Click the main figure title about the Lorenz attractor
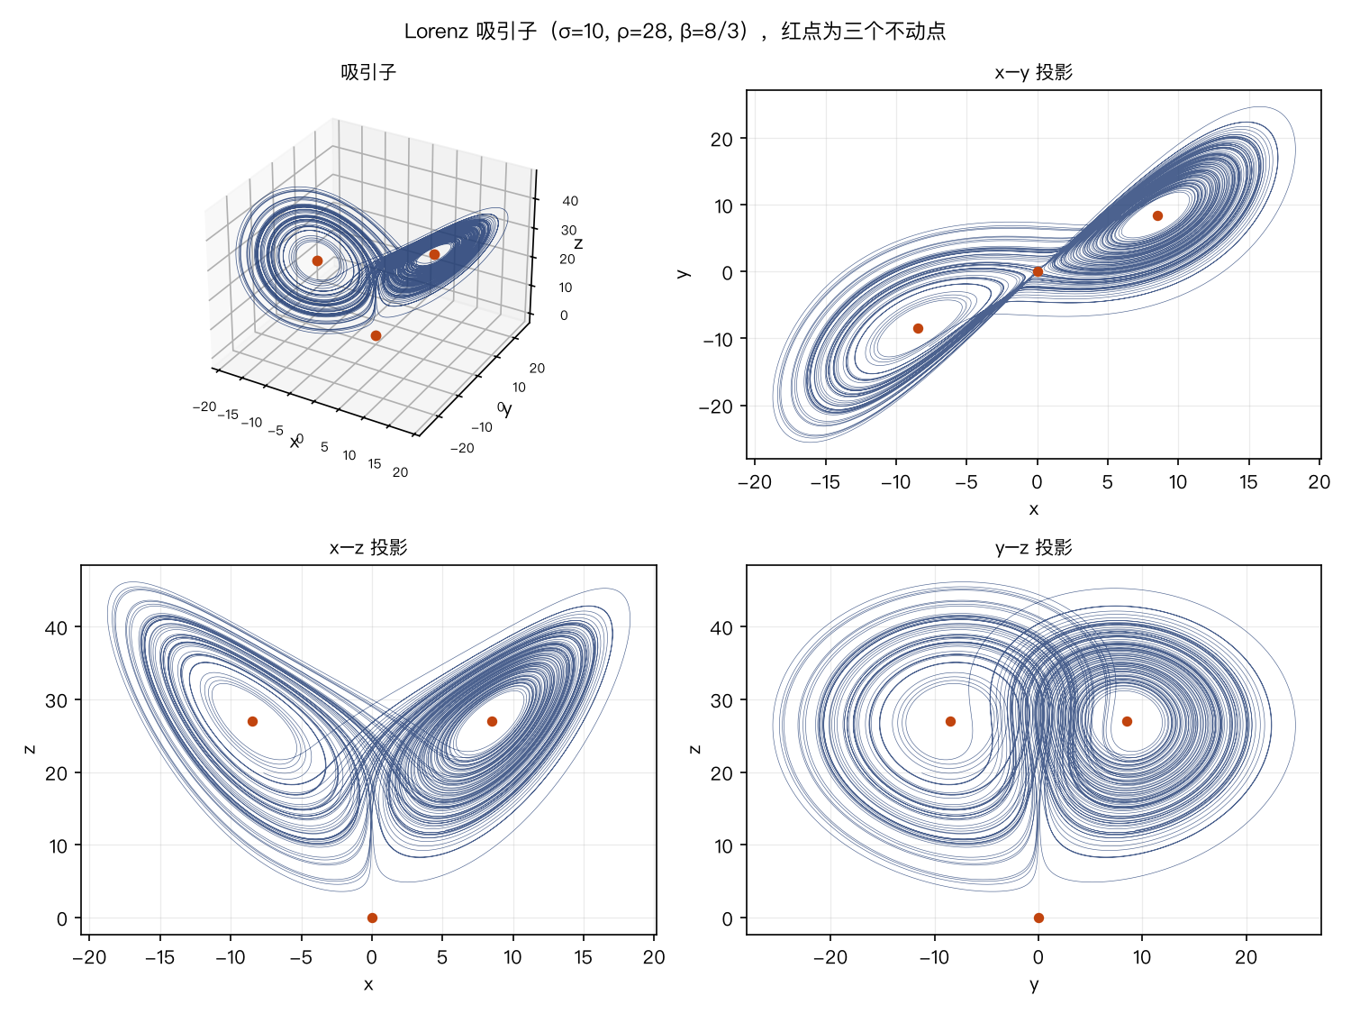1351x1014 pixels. pyautogui.click(x=675, y=31)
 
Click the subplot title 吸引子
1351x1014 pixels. pyautogui.click(x=368, y=72)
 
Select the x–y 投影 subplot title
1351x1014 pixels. pyautogui.click(x=1033, y=72)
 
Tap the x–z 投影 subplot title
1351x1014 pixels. pyautogui.click(x=368, y=547)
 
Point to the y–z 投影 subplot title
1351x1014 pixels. pyautogui.click(x=1033, y=547)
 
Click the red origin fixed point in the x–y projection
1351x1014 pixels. pyautogui.click(x=1038, y=271)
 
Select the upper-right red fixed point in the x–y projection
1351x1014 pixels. pyautogui.click(x=1157, y=215)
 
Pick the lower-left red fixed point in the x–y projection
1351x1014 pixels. pyautogui.click(x=918, y=328)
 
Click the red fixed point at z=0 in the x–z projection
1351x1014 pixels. pyautogui.click(x=372, y=918)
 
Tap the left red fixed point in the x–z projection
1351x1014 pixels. pyautogui.click(x=252, y=722)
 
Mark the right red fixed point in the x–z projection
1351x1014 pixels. pyautogui.click(x=492, y=722)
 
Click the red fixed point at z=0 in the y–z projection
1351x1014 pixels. pyautogui.click(x=1038, y=918)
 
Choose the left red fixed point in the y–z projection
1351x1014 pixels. pyautogui.click(x=950, y=722)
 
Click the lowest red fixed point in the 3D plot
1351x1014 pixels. pyautogui.click(x=376, y=335)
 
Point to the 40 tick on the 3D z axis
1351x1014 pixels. pyautogui.click(x=570, y=201)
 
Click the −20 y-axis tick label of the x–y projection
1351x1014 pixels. pyautogui.click(x=716, y=407)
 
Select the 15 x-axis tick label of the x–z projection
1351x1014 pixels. pyautogui.click(x=583, y=957)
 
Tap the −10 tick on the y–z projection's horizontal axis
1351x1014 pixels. pyautogui.click(x=934, y=957)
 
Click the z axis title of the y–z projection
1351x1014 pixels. pyautogui.click(x=695, y=749)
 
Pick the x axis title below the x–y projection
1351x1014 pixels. pyautogui.click(x=1033, y=509)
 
